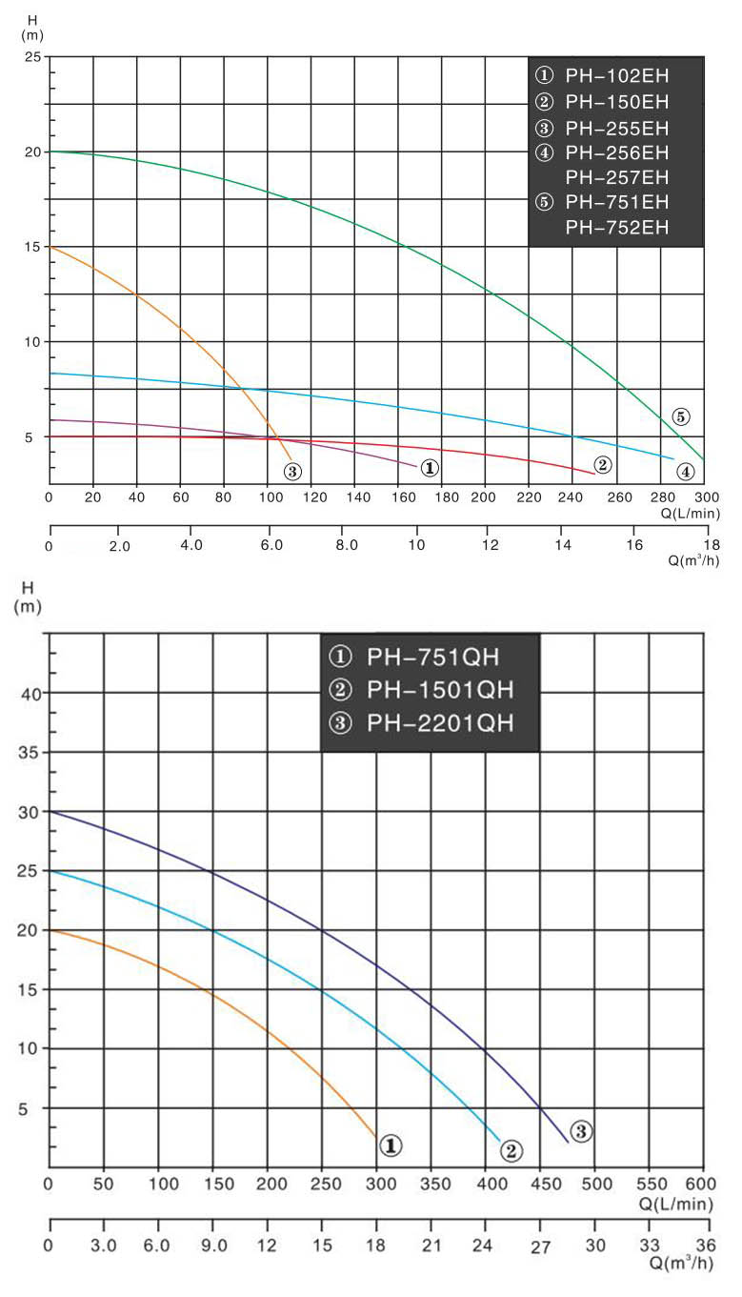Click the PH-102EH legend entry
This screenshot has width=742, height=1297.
click(x=615, y=75)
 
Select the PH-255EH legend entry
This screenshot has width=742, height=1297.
click(x=615, y=128)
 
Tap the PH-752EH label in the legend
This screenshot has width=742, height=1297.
click(x=617, y=227)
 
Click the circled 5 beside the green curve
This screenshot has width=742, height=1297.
click(x=680, y=415)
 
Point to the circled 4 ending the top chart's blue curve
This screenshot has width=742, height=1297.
click(x=685, y=471)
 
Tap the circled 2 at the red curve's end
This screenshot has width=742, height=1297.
click(x=602, y=465)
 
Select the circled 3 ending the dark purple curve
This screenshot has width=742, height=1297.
click(x=582, y=1131)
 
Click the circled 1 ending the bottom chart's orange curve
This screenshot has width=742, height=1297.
click(x=390, y=1145)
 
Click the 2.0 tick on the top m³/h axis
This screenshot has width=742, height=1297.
click(x=119, y=546)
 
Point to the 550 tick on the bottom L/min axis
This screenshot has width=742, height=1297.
click(x=651, y=1184)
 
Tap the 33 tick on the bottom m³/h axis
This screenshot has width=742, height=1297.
click(x=651, y=1245)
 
